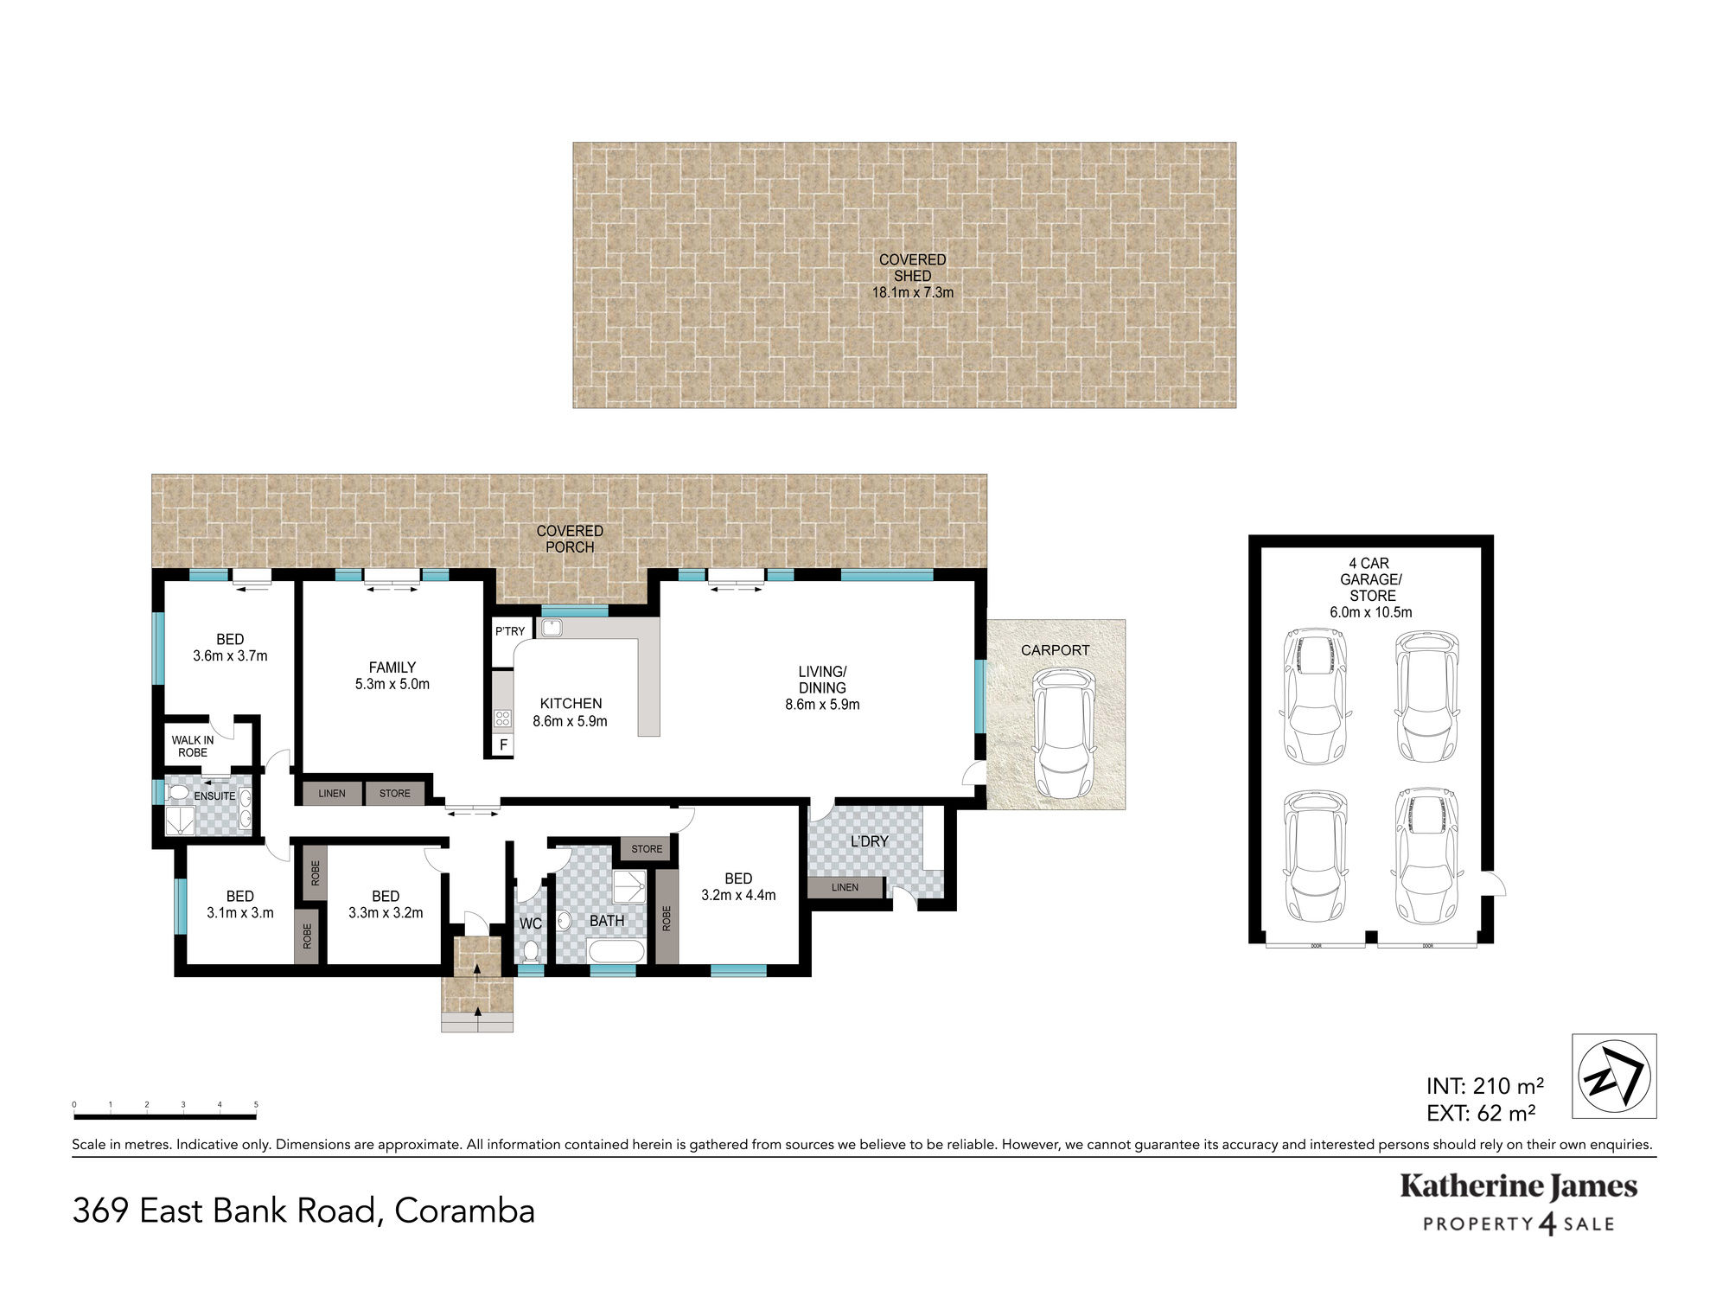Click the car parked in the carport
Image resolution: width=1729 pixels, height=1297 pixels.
(1063, 734)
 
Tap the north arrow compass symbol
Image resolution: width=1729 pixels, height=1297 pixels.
(1614, 1077)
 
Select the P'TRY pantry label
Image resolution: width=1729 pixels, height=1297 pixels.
(510, 631)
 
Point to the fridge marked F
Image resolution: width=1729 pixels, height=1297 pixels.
(503, 744)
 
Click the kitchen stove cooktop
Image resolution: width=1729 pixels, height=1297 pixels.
(502, 718)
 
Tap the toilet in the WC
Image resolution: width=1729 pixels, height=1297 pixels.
(531, 951)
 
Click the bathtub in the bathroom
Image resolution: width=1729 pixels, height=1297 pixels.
(616, 952)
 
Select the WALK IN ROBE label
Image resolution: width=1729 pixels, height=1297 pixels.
(193, 746)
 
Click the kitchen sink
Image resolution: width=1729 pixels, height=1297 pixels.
(552, 628)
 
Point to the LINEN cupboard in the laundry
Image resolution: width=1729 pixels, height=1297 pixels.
(845, 887)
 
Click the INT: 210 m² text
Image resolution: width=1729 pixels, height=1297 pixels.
(1485, 1086)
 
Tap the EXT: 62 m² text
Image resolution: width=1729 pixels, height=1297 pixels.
(1481, 1114)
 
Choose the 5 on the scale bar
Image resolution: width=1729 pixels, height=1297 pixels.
(256, 1105)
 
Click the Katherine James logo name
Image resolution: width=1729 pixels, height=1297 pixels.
(1519, 1187)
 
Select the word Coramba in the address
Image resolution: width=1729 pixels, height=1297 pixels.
(465, 1211)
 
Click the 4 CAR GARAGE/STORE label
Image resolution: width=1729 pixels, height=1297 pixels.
(1371, 579)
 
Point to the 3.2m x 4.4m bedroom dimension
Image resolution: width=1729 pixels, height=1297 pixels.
(738, 895)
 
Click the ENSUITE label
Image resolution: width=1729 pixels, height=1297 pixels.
(214, 795)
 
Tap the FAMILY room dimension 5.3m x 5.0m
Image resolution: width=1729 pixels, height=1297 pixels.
(392, 684)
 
